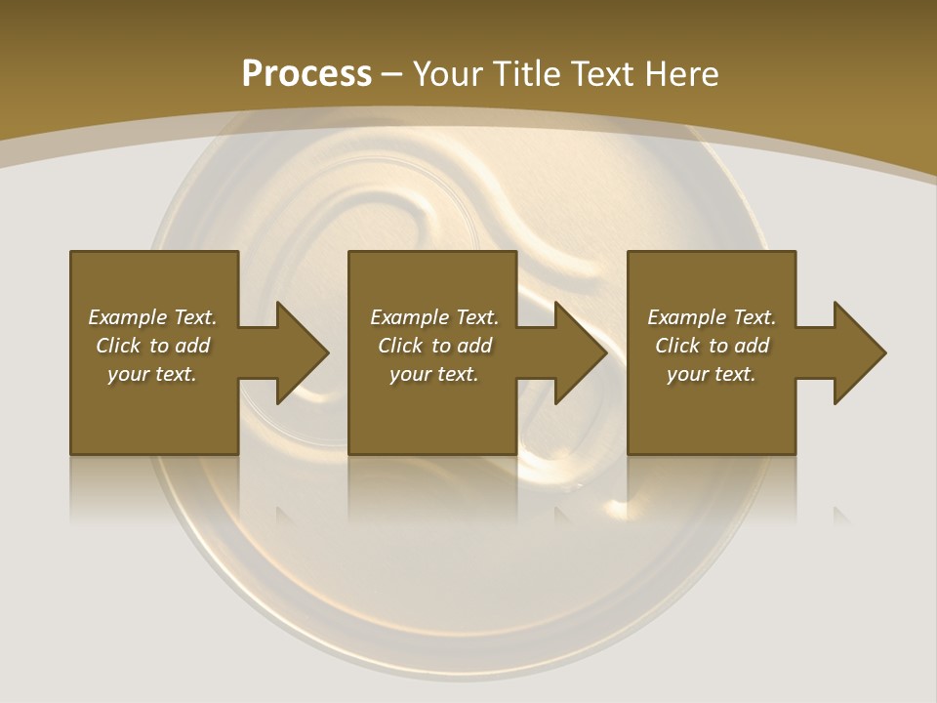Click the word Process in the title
coord(306,74)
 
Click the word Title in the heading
coord(525,74)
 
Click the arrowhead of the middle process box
coord(580,352)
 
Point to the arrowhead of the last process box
coord(859,352)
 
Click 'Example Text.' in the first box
coord(152,317)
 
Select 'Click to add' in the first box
coord(152,346)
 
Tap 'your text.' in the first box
coord(152,374)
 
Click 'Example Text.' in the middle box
coord(433,317)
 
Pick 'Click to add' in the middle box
coord(433,346)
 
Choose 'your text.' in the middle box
coord(433,374)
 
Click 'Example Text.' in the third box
coord(712,317)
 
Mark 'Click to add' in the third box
coord(712,346)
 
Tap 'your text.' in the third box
coord(712,374)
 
